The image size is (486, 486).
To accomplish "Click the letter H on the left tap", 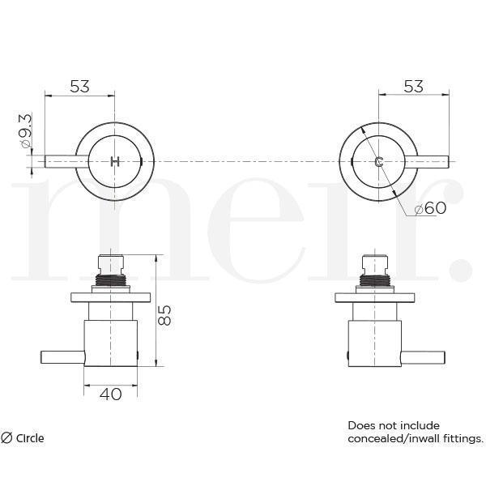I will pyautogui.click(x=114, y=161).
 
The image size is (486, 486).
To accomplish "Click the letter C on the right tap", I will pyautogui.click(x=379, y=161).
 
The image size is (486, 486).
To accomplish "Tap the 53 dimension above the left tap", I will pyautogui.click(x=79, y=87).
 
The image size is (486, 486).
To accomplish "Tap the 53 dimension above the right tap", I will pyautogui.click(x=413, y=87).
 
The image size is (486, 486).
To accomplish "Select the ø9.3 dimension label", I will pyautogui.click(x=25, y=131).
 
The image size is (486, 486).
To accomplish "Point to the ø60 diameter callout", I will pyautogui.click(x=429, y=208).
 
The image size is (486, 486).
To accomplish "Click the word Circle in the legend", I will pyautogui.click(x=30, y=438).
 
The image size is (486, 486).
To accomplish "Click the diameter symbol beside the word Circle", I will pyautogui.click(x=6, y=438).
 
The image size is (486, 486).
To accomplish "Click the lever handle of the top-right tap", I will pyautogui.click(x=429, y=161).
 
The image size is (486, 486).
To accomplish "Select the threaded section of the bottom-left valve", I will pyautogui.click(x=110, y=279).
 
